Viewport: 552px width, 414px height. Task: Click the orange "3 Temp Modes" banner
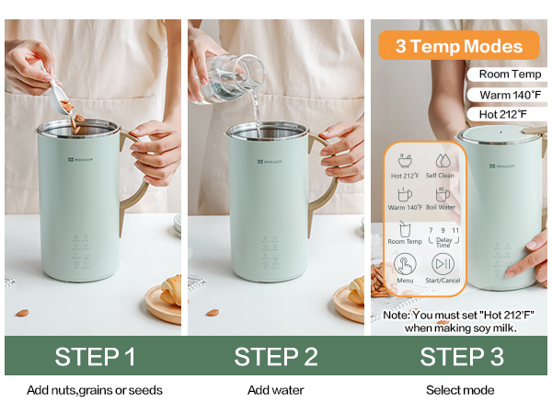tap(459, 46)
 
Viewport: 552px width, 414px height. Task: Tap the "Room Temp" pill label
tap(508, 75)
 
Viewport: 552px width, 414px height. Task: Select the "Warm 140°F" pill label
tap(509, 95)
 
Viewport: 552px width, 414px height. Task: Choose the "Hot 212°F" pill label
tap(509, 114)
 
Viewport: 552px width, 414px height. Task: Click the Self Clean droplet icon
tap(444, 160)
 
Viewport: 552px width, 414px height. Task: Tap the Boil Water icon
tap(443, 194)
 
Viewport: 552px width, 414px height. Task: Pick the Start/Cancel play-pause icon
tap(443, 264)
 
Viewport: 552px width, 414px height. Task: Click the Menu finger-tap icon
tap(405, 264)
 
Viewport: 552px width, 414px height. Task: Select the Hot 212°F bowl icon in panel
tap(405, 160)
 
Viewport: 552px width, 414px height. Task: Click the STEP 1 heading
tap(95, 356)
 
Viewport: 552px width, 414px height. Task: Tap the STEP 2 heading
tap(275, 356)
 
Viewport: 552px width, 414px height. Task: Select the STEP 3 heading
tap(459, 356)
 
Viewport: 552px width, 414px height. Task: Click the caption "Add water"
tap(275, 390)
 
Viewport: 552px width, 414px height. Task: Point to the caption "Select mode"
tap(459, 390)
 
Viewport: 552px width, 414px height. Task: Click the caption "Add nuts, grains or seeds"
tap(95, 390)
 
